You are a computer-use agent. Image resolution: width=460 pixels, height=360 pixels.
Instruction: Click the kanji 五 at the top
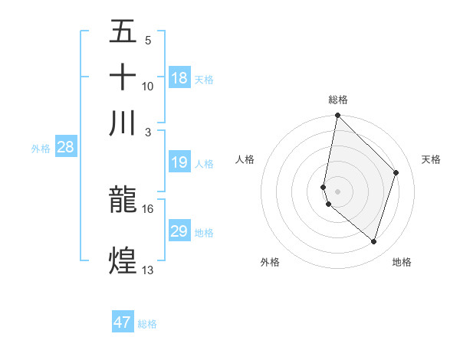point(123,32)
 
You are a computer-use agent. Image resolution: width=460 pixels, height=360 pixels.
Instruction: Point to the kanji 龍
point(123,201)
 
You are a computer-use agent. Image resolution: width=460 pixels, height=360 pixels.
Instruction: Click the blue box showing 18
point(179,78)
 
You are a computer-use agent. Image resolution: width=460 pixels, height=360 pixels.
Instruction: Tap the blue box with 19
point(179,163)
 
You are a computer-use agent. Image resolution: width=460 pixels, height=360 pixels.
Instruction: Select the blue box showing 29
point(179,231)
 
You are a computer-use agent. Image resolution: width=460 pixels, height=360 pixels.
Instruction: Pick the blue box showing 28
point(65,148)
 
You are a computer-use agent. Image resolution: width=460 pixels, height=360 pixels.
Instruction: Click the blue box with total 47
point(123,322)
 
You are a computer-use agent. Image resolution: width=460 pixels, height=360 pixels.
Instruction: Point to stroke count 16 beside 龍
point(147,208)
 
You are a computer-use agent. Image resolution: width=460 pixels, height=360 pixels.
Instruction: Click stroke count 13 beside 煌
point(147,270)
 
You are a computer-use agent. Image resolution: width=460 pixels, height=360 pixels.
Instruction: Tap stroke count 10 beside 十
point(147,86)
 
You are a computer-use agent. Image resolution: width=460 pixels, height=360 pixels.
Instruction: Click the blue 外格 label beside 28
point(40,149)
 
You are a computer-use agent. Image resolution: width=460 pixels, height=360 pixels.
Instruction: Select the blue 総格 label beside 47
point(147,323)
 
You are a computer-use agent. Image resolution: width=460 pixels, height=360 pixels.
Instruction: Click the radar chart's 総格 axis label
point(338,99)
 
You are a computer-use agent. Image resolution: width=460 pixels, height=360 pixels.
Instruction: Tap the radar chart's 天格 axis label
point(431,159)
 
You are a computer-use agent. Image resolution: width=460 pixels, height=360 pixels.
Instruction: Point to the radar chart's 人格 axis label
point(245,159)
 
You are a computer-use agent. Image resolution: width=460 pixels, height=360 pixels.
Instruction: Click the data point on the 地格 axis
point(374,242)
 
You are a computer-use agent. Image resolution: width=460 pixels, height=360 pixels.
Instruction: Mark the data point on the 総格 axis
point(338,116)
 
